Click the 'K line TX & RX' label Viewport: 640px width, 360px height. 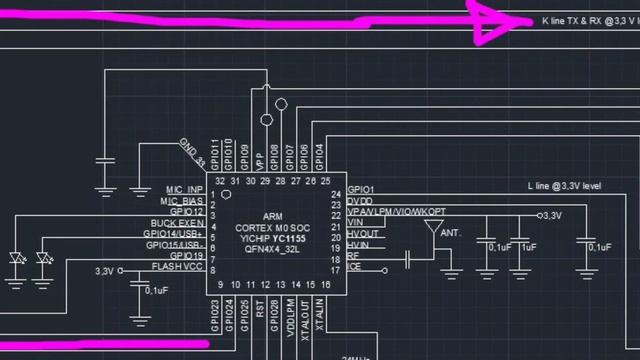pos(586,20)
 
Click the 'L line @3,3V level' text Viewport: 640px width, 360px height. pos(564,186)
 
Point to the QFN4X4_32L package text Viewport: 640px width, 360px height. pos(273,252)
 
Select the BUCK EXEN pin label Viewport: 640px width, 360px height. pos(178,223)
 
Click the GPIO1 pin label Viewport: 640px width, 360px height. pos(360,190)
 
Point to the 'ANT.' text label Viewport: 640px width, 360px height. pos(451,233)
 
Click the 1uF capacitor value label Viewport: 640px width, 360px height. pos(528,246)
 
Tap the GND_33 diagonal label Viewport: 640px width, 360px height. pos(192,153)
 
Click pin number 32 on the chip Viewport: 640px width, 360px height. pos(219,180)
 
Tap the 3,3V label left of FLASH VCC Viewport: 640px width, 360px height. pos(105,271)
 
